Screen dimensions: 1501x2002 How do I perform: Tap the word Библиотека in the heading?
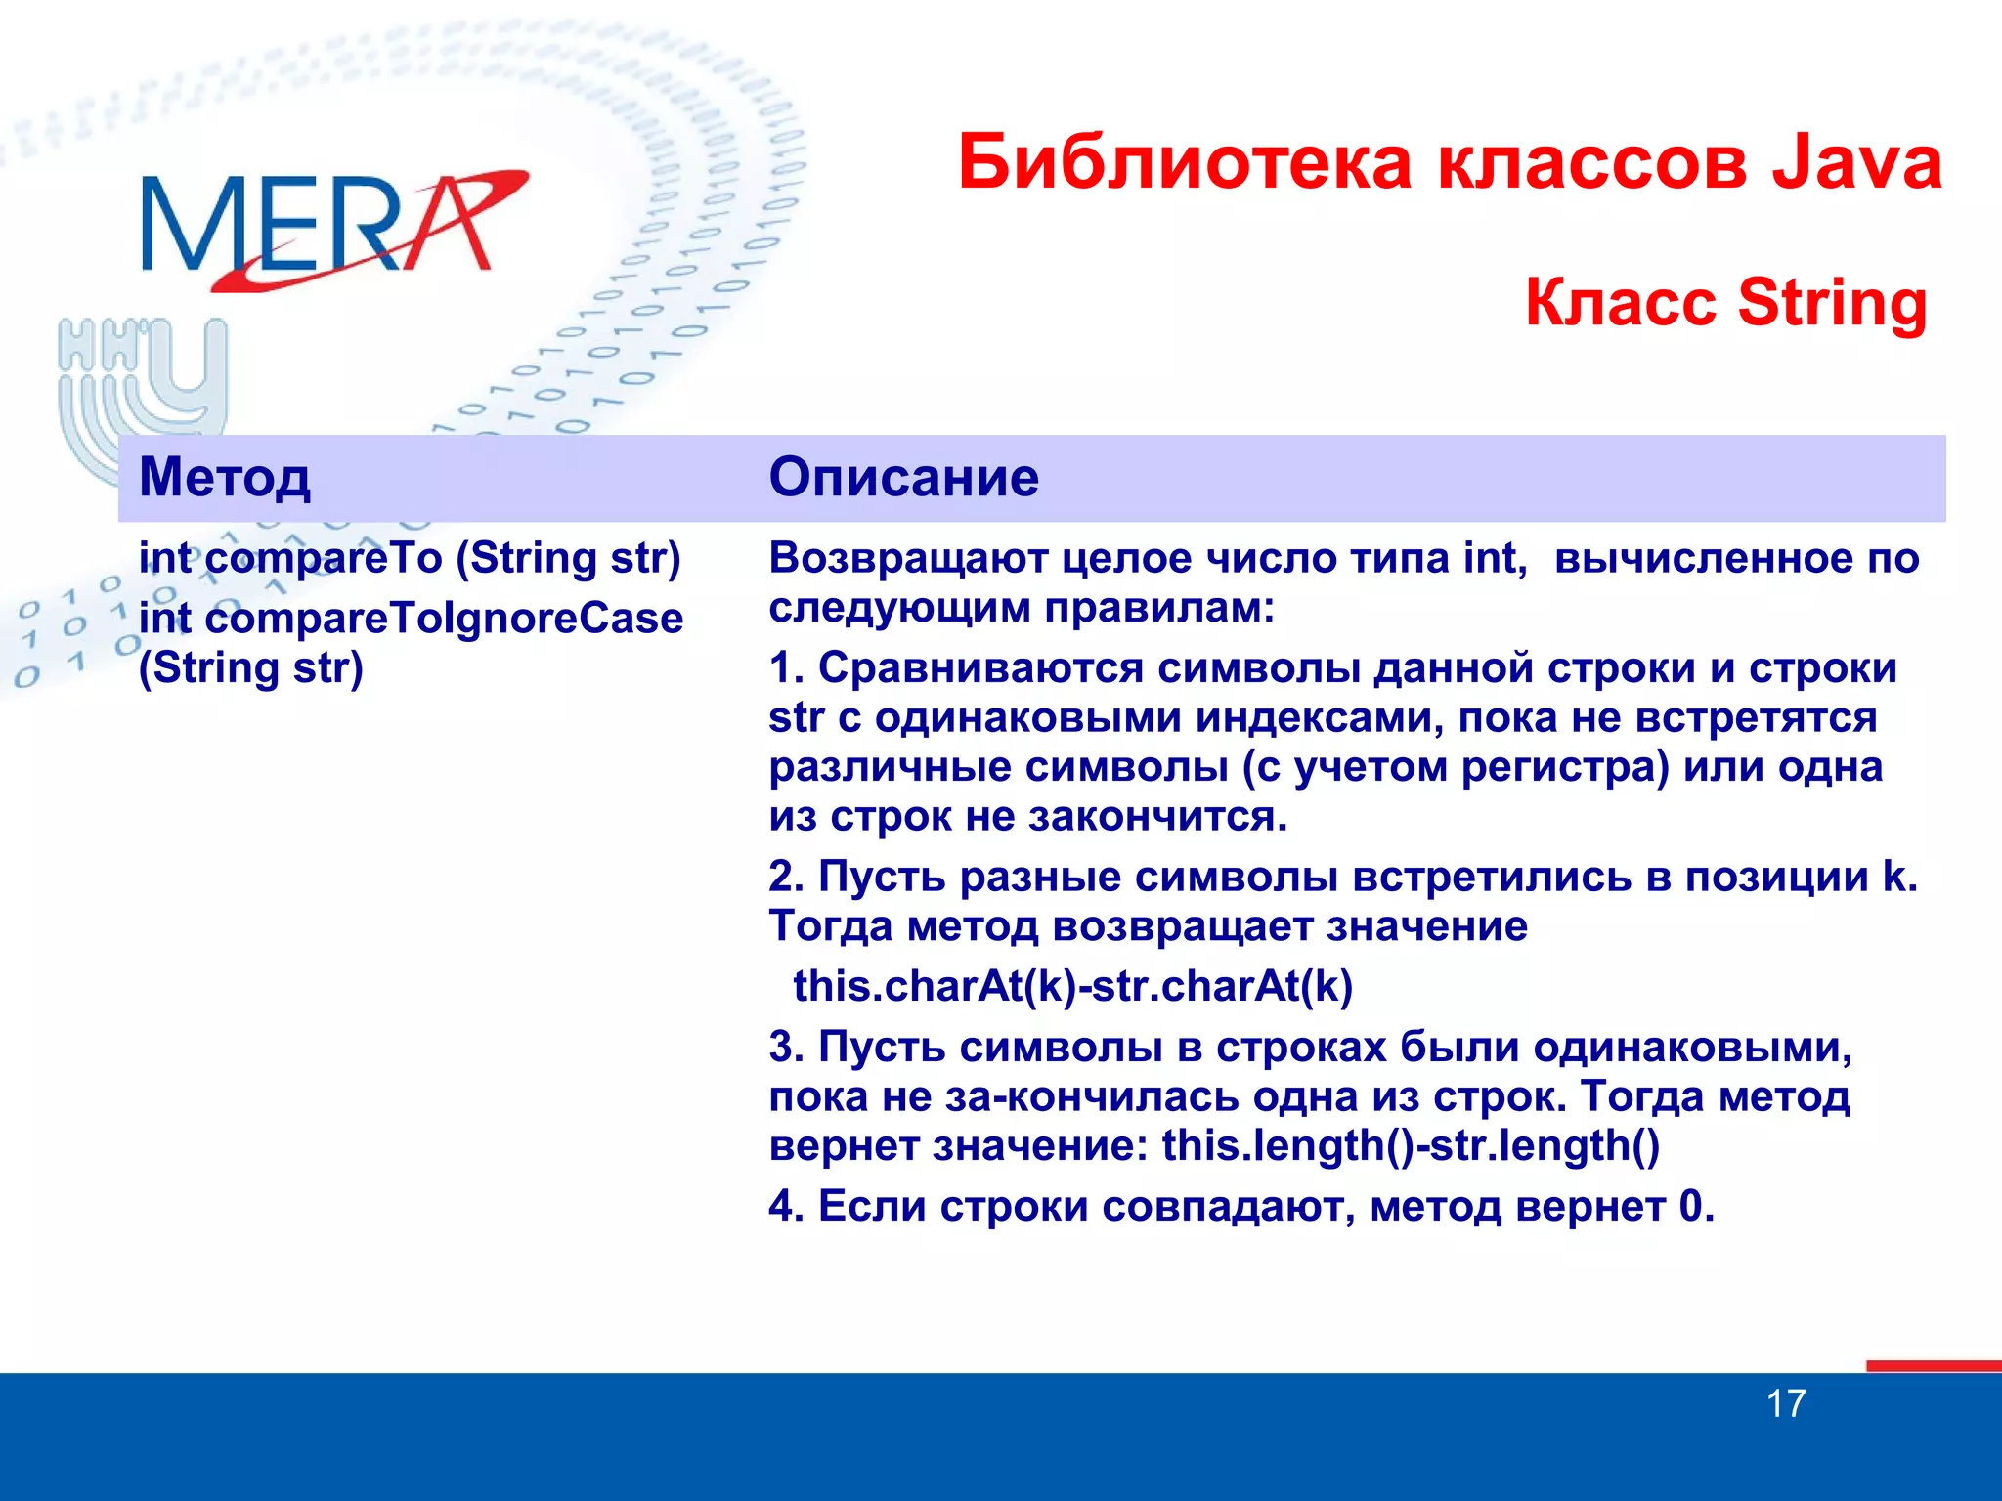(x=1184, y=163)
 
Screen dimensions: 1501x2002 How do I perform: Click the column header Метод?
(x=225, y=478)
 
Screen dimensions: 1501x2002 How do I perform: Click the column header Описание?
(x=903, y=478)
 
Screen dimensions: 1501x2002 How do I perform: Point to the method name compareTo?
(x=323, y=559)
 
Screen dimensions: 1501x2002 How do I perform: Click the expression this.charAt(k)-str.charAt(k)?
(x=1072, y=987)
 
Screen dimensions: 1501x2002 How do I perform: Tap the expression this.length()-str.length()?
(x=1410, y=1146)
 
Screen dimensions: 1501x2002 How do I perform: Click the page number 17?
(x=1785, y=1404)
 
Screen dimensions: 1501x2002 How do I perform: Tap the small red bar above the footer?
(x=1932, y=1365)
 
